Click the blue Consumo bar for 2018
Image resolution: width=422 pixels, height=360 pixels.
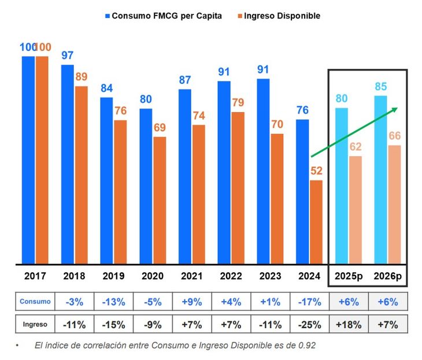[68, 164]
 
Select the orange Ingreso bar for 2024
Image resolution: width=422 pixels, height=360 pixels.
[316, 222]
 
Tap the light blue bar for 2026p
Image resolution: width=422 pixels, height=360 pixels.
[380, 180]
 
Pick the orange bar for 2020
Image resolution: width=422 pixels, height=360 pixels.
[160, 200]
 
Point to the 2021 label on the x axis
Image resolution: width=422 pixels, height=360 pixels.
[192, 276]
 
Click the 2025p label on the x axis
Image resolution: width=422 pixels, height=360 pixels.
[349, 276]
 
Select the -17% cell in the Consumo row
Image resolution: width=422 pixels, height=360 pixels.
[309, 301]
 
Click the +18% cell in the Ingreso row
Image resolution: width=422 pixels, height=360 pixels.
[348, 324]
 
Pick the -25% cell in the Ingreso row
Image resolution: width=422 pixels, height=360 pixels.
[309, 324]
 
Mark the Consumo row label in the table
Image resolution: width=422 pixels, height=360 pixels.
[35, 301]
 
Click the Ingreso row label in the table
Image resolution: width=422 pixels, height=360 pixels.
[35, 324]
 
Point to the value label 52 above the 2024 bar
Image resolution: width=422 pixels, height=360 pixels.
[316, 171]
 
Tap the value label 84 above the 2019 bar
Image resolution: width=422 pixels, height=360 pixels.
[106, 88]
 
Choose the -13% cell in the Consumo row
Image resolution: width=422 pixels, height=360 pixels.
[113, 301]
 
